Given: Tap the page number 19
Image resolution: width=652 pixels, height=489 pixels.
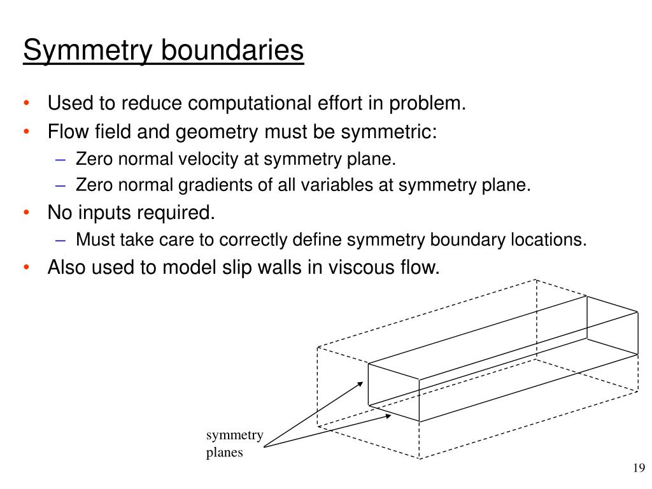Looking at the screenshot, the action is click(x=639, y=469).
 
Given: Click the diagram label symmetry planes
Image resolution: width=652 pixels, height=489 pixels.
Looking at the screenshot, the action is click(x=234, y=444).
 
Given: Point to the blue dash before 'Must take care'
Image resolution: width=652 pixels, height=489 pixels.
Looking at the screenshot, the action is click(x=61, y=240).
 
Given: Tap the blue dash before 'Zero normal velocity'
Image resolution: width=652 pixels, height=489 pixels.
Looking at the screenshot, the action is click(x=61, y=159).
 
